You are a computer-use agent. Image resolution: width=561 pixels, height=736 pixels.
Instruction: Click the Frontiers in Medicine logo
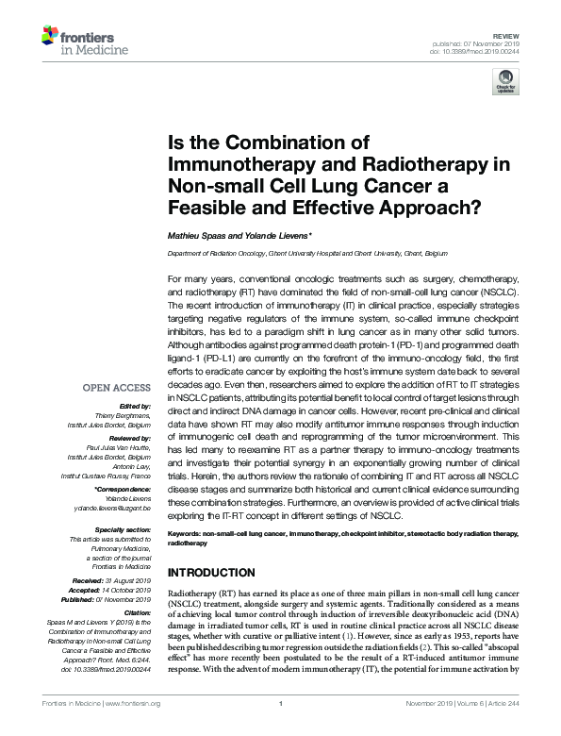[76, 40]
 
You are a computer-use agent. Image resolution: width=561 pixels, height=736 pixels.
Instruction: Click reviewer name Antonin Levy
[130, 466]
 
